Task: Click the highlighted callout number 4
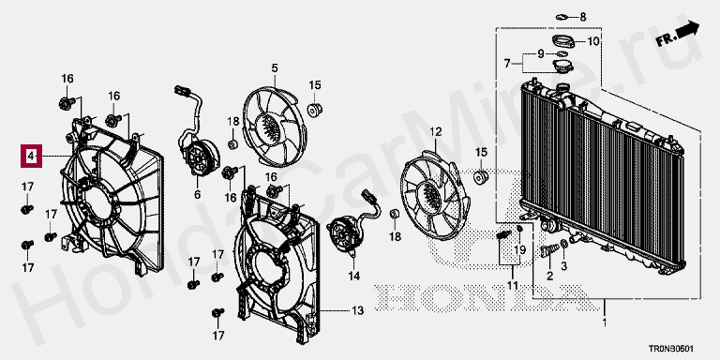(x=31, y=157)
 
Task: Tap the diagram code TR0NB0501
(x=670, y=350)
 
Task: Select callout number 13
(x=358, y=311)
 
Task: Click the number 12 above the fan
(x=435, y=132)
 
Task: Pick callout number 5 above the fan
(x=274, y=68)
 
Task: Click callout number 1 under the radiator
(x=605, y=322)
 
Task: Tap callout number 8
(x=583, y=18)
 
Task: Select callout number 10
(x=593, y=41)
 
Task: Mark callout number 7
(x=507, y=64)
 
